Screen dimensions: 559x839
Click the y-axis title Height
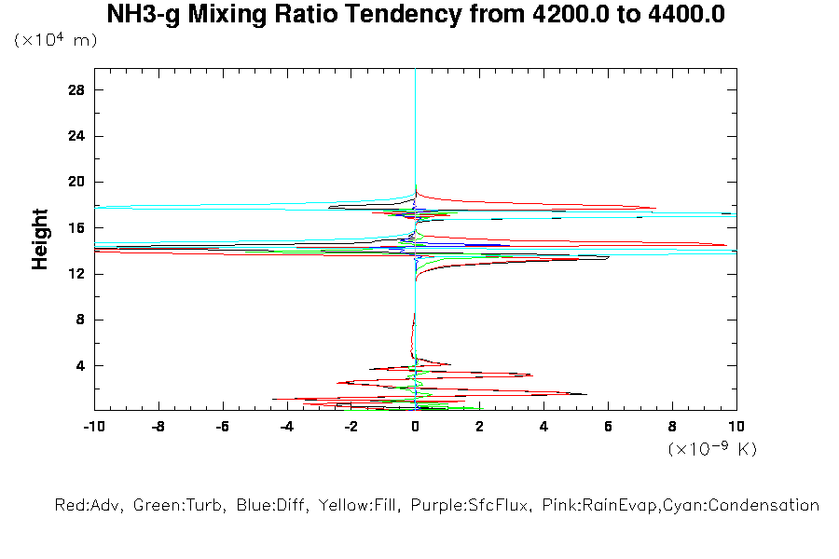[x=40, y=239]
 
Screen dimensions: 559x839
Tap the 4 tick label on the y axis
[x=80, y=365]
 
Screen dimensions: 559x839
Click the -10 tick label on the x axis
[x=93, y=427]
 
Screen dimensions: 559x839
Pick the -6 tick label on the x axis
[x=222, y=427]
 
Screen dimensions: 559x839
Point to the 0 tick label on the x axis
[x=415, y=427]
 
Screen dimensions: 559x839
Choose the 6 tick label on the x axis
[x=608, y=427]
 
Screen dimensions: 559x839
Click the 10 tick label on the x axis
[x=736, y=427]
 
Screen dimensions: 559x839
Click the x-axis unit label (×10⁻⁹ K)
[x=712, y=449]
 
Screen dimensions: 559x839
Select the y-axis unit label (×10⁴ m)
[x=55, y=41]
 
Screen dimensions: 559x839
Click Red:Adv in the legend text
[x=89, y=506]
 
